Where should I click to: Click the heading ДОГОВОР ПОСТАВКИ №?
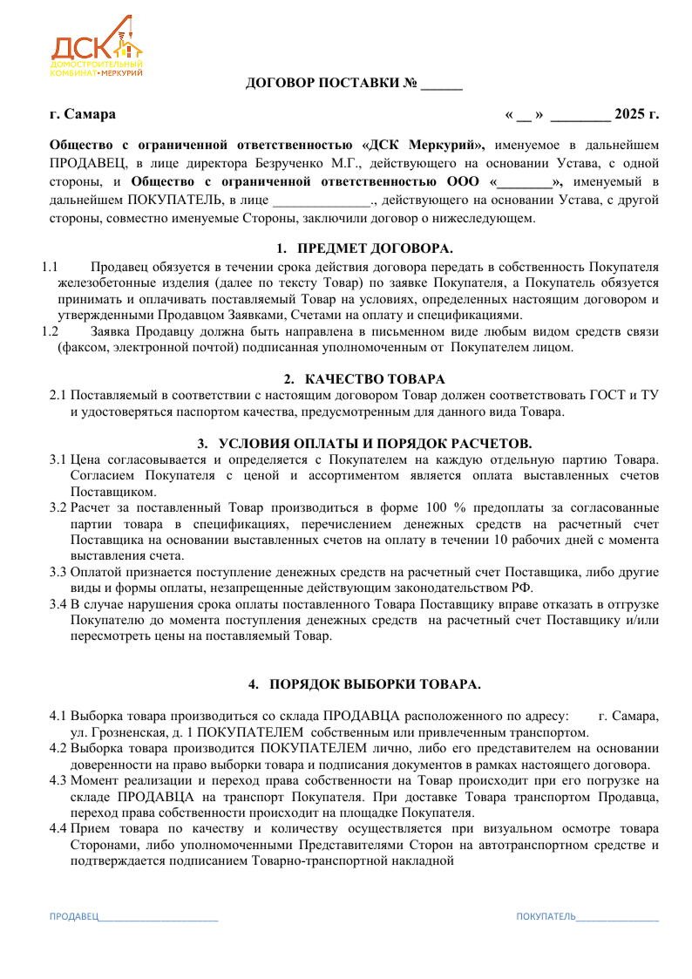click(331, 84)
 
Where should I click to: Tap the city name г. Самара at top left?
click(83, 114)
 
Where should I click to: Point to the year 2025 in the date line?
click(628, 114)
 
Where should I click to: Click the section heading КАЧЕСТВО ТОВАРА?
click(375, 378)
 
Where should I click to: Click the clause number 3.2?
click(58, 507)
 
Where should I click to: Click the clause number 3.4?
click(58, 603)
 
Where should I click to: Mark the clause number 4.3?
click(58, 780)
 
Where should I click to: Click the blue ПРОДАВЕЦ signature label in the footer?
click(73, 917)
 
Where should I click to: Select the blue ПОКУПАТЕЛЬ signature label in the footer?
click(546, 917)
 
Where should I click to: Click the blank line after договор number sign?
click(442, 85)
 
